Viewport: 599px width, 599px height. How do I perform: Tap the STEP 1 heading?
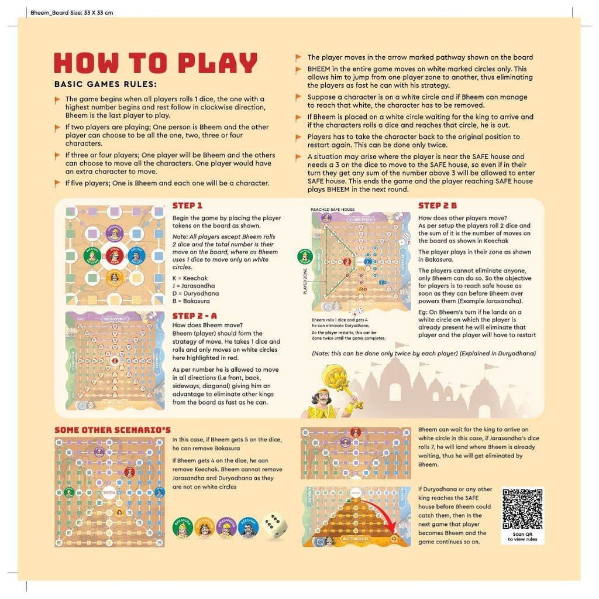point(187,206)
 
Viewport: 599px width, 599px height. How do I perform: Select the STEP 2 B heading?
point(437,206)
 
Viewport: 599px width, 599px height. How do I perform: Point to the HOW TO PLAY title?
point(156,63)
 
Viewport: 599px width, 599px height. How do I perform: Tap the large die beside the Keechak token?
point(274,526)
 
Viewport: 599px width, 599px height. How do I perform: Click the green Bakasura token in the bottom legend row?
point(183,528)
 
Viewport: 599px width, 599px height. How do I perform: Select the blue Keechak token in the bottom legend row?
point(249,528)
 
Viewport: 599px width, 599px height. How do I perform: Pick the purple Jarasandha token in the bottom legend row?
point(226,528)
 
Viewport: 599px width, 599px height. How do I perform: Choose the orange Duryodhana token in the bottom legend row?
point(204,528)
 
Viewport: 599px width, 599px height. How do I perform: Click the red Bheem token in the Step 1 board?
point(115,256)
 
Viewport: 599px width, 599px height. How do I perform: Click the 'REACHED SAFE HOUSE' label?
point(333,209)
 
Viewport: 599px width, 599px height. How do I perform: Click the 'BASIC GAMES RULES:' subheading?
point(105,84)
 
